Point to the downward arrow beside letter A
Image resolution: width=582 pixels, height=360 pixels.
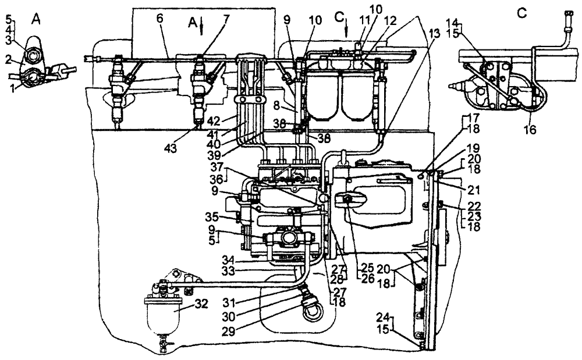pyautogui.click(x=200, y=27)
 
